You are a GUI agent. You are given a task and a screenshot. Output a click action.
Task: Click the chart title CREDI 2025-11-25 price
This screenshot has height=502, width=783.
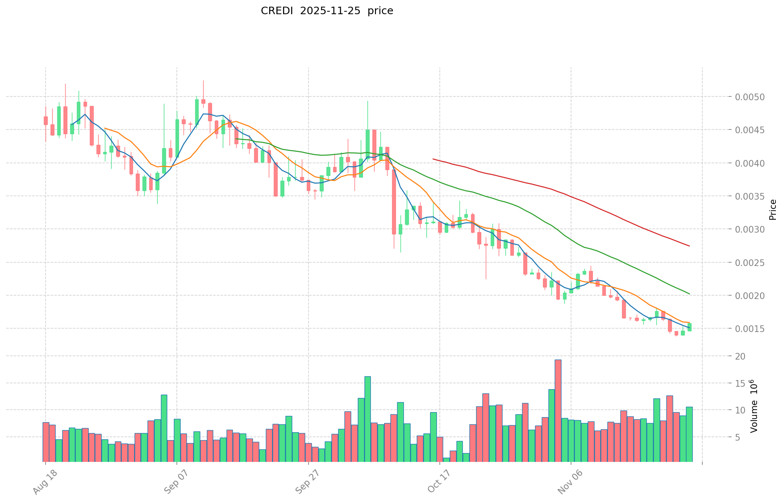[x=327, y=11]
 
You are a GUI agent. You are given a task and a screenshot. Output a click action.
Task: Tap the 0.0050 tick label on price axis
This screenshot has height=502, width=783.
[x=751, y=97]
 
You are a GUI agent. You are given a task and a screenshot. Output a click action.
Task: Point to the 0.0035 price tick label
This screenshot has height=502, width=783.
[x=751, y=196]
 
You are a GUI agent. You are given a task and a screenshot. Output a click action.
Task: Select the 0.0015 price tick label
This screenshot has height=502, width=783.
[x=751, y=329]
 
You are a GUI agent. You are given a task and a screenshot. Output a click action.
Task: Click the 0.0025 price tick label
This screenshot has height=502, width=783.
[x=751, y=263]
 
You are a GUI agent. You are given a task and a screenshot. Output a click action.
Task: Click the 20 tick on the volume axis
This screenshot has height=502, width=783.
[x=741, y=356]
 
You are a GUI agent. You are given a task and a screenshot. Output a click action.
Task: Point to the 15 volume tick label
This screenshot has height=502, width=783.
[x=741, y=383]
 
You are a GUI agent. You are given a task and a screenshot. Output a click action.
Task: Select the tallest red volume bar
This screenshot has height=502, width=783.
[x=558, y=411]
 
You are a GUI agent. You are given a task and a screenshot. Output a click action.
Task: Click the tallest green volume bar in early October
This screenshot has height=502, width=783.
[x=367, y=419]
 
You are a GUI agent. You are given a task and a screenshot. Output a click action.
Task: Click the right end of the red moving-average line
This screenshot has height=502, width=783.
[x=689, y=246]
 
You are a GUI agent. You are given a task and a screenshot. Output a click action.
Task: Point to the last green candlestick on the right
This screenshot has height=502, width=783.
[x=689, y=327]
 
